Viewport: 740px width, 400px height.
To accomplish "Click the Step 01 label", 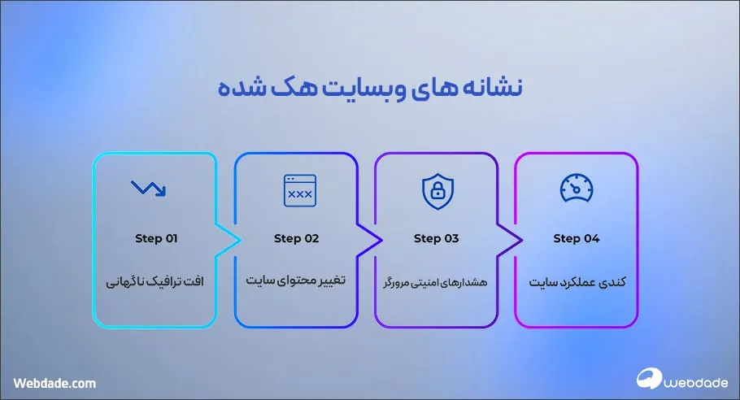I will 155,239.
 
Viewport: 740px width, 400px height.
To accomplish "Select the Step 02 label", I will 296,239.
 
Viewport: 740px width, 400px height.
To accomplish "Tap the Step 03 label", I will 436,239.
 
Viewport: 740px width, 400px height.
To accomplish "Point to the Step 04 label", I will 577,239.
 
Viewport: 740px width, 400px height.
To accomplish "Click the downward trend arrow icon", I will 148,189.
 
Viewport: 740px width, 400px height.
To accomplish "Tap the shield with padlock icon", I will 436,190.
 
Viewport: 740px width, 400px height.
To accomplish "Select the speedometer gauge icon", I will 577,189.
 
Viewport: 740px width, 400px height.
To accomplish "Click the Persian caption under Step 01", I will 155,281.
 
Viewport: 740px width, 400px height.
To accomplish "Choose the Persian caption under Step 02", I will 296,280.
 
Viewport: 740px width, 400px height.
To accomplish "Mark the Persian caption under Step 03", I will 436,282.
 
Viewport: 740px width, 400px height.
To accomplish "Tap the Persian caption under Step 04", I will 577,281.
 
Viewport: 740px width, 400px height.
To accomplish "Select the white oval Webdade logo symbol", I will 651,380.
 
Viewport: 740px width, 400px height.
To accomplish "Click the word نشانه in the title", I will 483,87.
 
